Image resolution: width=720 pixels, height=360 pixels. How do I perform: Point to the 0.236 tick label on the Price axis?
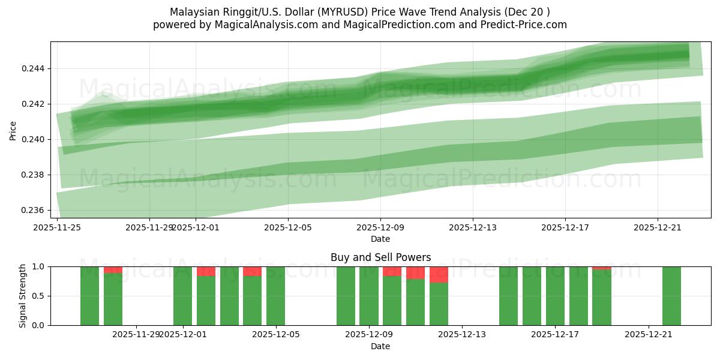click(34, 210)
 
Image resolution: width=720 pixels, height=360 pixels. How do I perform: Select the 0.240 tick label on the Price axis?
click(34, 139)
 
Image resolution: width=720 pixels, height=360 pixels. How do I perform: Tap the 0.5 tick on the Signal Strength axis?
click(40, 296)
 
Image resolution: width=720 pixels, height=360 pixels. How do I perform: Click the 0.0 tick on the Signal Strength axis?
click(40, 325)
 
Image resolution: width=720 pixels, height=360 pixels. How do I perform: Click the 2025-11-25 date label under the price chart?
click(57, 227)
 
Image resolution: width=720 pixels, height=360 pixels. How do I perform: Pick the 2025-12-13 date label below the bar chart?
click(462, 334)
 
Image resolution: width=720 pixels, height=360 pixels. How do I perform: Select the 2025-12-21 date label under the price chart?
click(658, 227)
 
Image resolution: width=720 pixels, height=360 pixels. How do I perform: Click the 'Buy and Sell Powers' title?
click(380, 257)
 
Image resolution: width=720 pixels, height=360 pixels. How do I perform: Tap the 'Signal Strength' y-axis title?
click(23, 296)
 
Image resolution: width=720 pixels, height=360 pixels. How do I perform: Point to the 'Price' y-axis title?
click(13, 130)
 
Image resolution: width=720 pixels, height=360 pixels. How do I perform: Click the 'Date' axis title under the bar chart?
click(380, 346)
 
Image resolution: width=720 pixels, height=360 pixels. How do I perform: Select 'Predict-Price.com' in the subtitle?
click(526, 25)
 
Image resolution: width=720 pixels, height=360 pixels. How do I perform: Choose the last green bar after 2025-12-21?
click(671, 296)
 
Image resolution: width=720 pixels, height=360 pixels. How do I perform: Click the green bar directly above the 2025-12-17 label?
click(555, 296)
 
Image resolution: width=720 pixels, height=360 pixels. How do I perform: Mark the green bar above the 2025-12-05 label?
click(275, 296)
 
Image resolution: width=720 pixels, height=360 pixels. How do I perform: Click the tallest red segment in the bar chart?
click(439, 274)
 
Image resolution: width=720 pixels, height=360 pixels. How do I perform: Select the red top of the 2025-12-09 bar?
click(392, 271)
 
